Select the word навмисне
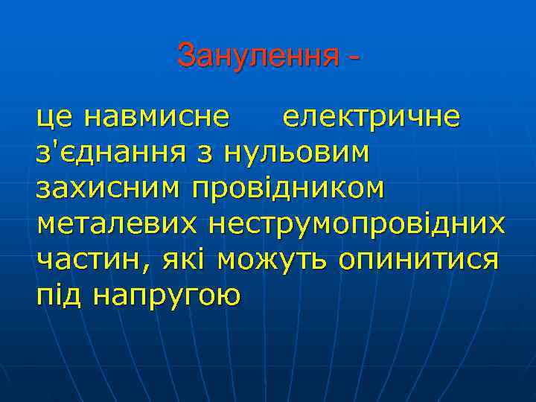tap(156, 117)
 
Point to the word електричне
tap(371, 117)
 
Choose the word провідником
tap(289, 189)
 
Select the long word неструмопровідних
tap(357, 224)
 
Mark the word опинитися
tap(419, 260)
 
